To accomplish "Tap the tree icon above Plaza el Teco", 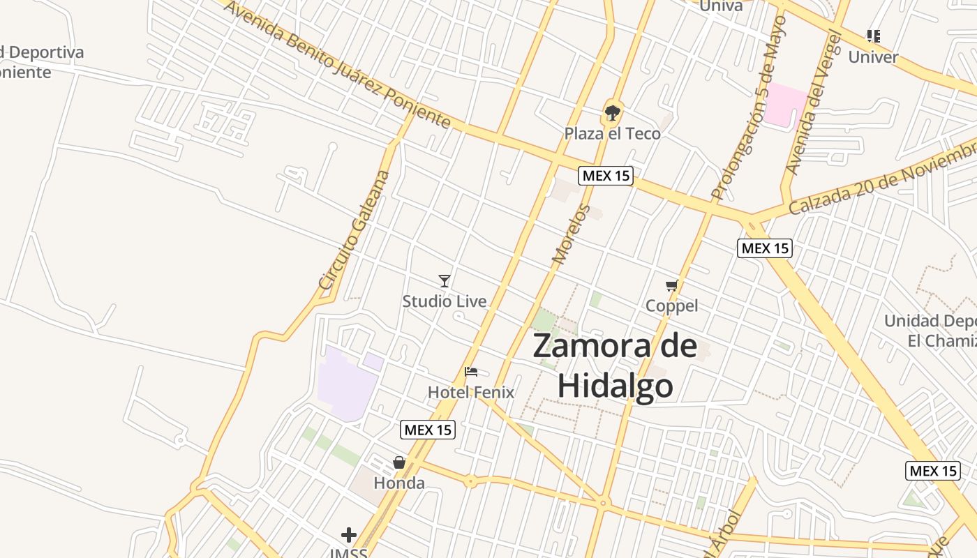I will coord(613,112).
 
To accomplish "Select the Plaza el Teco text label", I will coord(612,133).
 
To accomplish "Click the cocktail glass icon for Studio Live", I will coord(445,280).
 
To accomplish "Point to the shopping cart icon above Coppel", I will coord(671,285).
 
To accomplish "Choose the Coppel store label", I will coord(671,306).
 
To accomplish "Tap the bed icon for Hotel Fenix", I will coord(471,372).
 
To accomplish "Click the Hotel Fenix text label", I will coord(471,392).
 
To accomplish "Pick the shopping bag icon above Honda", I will coord(399,462).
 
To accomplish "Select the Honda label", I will coord(399,483).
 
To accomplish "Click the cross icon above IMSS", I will coord(349,535).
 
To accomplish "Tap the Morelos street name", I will coord(571,234).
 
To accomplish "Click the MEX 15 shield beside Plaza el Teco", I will coord(606,176).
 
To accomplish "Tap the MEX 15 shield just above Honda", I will coord(428,430).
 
